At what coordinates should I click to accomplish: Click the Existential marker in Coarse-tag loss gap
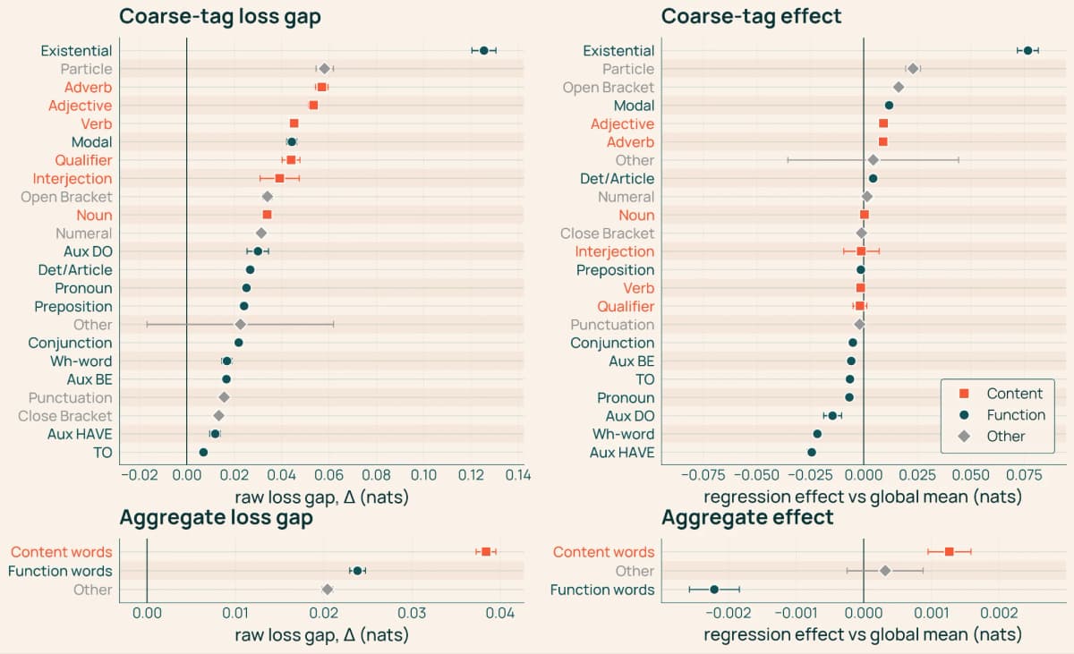pos(484,50)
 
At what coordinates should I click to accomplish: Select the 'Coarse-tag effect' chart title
pos(751,16)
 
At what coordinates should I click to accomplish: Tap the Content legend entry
pos(1001,394)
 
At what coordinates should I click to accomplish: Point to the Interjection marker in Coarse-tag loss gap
pos(279,178)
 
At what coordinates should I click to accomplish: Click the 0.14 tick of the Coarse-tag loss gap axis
pos(518,475)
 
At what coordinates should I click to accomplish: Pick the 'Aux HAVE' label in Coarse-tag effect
pos(622,453)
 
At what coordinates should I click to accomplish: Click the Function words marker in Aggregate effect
pos(714,590)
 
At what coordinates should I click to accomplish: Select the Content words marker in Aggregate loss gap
pos(486,551)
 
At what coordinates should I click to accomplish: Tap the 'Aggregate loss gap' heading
pos(217,517)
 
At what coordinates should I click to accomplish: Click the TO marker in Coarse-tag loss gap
pos(203,453)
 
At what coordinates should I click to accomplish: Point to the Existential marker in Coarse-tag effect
pos(1027,50)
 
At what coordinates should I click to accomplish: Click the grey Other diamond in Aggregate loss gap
pos(328,590)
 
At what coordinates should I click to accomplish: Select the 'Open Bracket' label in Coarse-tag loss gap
pos(66,197)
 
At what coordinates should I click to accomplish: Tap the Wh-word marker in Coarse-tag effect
pos(817,434)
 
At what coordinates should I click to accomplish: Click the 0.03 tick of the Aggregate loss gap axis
pos(412,613)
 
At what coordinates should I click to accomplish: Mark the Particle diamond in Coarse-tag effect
pos(913,69)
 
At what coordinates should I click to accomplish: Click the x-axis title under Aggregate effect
pos(863,634)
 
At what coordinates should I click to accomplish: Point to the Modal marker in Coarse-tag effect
pos(889,106)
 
